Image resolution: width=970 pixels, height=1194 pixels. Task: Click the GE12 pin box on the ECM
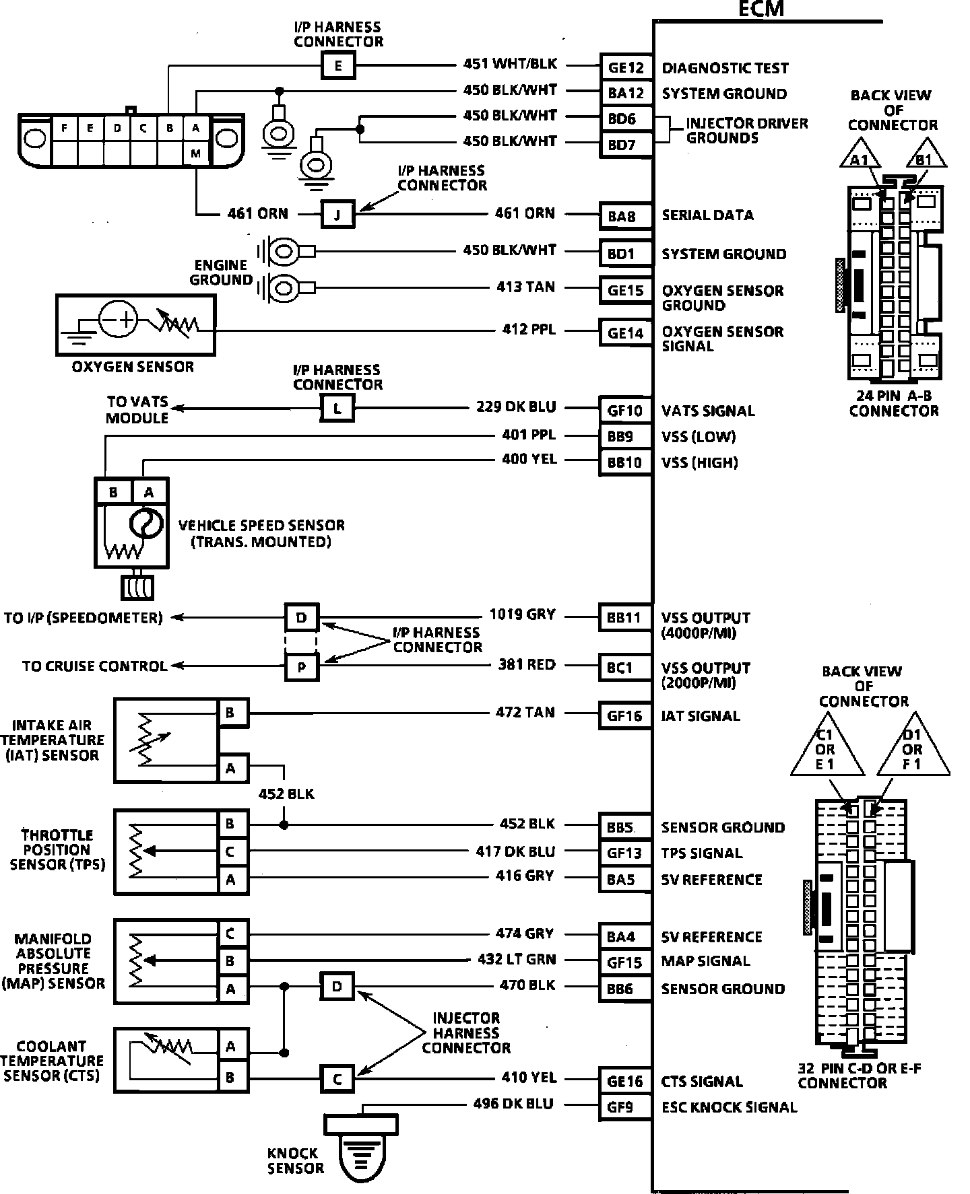pos(626,67)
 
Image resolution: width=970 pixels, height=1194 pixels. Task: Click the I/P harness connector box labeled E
pos(337,66)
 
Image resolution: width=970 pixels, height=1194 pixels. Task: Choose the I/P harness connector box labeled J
pos(337,215)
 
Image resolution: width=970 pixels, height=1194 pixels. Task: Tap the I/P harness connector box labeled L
pos(337,408)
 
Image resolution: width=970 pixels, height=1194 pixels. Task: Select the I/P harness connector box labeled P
pos(301,666)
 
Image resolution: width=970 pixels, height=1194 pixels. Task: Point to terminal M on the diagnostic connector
pos(195,153)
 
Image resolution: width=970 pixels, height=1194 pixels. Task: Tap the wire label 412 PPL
pos(529,330)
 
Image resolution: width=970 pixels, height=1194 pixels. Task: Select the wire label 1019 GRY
pos(522,614)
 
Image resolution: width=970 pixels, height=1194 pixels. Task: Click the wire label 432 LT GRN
pos(515,959)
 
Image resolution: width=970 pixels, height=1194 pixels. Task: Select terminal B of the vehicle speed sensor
pos(112,492)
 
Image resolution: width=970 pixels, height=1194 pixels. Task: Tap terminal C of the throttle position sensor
pos(230,851)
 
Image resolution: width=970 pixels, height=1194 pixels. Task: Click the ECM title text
pos(762,9)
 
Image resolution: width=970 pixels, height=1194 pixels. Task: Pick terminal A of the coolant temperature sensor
pos(230,1047)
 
